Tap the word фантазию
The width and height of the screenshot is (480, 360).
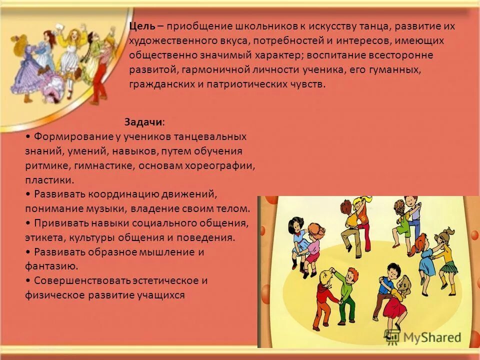click(x=50, y=266)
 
